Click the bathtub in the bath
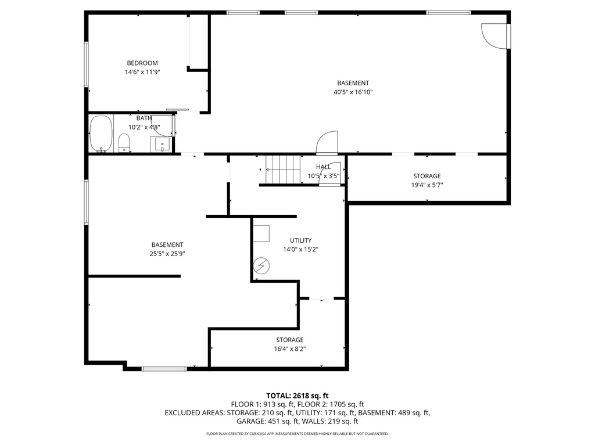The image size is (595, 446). pos(101,134)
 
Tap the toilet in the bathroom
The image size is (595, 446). pos(124,142)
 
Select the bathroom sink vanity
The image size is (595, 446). pos(160,143)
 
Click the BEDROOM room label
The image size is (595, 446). pos(142,63)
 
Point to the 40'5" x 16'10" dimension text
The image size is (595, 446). pos(353,92)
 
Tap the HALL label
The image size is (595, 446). pos(324,167)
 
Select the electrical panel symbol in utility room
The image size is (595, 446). pos(261,266)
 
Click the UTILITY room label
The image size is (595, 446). pos(301,240)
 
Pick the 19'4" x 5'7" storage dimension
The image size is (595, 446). pos(426,185)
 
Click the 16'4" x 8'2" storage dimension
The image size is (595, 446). pos(289,349)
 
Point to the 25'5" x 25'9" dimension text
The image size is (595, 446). pos(167,253)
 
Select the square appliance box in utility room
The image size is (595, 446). pos(261,233)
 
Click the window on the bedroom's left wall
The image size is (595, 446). pos(87,64)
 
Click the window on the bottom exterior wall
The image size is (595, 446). pos(164,368)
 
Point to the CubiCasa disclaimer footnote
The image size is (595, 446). pos(297,434)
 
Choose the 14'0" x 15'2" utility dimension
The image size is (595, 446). pos(301,249)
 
